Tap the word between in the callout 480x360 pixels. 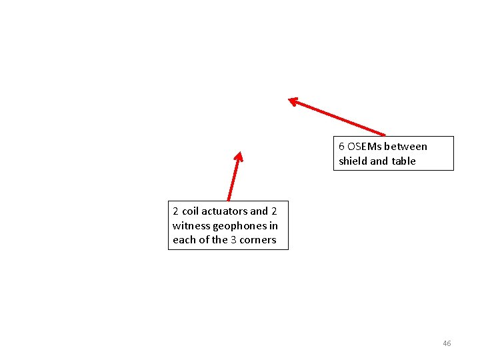(x=406, y=147)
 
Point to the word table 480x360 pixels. (x=403, y=161)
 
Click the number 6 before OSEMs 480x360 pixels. (x=341, y=147)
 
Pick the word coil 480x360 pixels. (x=190, y=211)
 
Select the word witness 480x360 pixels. (x=189, y=225)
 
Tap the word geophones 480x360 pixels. (x=239, y=225)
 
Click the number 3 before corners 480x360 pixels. (x=233, y=240)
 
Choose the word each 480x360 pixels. (x=184, y=240)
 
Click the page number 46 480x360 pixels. (x=447, y=343)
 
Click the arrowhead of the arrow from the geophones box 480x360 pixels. (x=239, y=156)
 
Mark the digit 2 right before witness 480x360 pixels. (x=274, y=211)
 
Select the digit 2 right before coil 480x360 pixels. (x=175, y=211)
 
